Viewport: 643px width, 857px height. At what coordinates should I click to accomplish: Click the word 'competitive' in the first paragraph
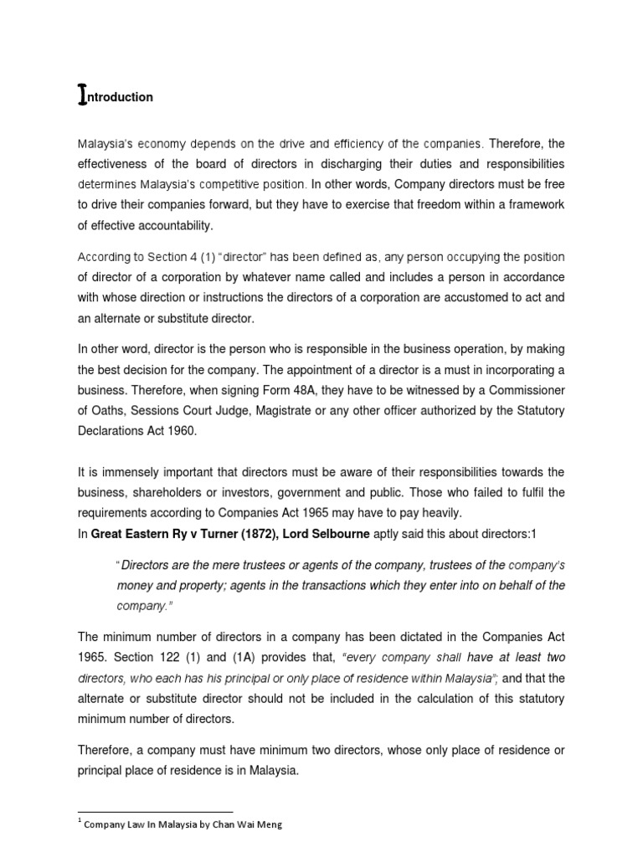[260, 185]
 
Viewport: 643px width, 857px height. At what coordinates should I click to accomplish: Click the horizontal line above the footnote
[155, 811]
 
